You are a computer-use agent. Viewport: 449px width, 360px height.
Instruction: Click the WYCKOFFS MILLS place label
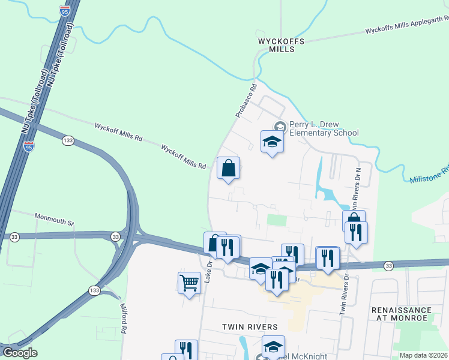[x=281, y=45]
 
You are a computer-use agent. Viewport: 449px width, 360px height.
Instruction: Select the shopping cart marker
[x=189, y=283]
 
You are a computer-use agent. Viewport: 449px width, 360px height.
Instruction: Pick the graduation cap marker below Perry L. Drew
[x=272, y=142]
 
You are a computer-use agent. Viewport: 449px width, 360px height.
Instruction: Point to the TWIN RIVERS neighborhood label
[x=250, y=327]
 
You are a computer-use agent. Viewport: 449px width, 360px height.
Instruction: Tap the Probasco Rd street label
[x=246, y=100]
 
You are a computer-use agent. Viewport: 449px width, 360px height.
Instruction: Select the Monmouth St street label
[x=53, y=219]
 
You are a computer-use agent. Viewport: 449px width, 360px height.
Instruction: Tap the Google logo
[x=19, y=353]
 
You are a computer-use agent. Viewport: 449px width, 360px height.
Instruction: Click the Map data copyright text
[x=423, y=355]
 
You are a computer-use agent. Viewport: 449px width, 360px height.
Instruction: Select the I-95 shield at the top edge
[x=64, y=10]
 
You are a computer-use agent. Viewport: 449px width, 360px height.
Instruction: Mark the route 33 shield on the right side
[x=388, y=265]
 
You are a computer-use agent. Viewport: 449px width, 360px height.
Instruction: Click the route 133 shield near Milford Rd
[x=95, y=290]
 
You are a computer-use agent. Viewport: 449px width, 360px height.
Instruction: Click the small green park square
[x=277, y=220]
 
